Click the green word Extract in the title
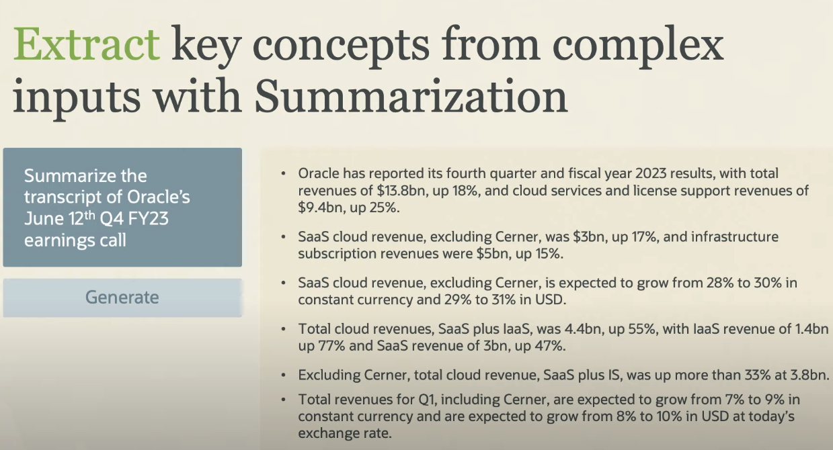pyautogui.click(x=87, y=44)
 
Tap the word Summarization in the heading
pyautogui.click(x=411, y=95)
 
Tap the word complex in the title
pyautogui.click(x=638, y=44)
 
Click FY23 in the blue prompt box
pyautogui.click(x=148, y=218)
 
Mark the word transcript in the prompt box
pyautogui.click(x=64, y=197)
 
